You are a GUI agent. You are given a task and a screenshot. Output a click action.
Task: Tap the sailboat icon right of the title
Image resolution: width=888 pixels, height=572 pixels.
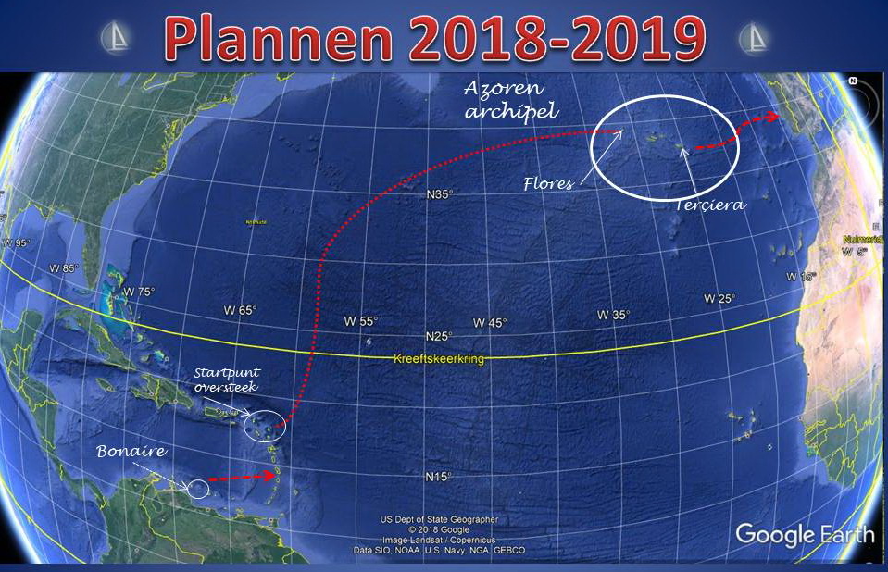click(x=755, y=38)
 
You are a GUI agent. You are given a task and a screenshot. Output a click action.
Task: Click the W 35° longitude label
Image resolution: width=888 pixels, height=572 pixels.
click(x=613, y=315)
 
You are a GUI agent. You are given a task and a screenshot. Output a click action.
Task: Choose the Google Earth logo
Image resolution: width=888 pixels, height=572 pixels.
click(x=805, y=534)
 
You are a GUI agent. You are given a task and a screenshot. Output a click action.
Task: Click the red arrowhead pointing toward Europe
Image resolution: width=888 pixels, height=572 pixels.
click(x=771, y=118)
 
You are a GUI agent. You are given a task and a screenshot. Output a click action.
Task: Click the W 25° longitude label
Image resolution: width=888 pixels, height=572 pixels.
click(x=719, y=298)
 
